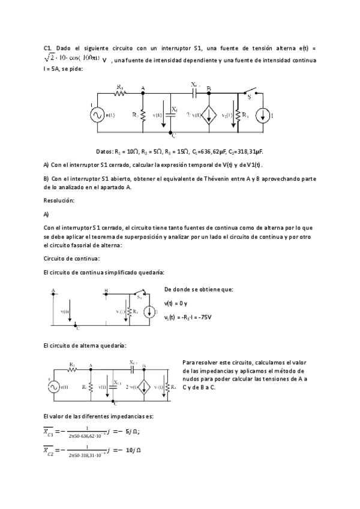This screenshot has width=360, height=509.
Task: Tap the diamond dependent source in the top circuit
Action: [209, 115]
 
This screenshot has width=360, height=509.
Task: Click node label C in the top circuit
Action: [173, 136]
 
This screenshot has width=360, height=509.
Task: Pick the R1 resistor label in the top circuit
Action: [120, 86]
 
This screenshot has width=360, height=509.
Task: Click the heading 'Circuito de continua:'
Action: [72, 258]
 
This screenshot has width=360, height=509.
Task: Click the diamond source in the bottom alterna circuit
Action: [144, 387]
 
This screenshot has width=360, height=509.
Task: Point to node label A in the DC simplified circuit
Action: [54, 291]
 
